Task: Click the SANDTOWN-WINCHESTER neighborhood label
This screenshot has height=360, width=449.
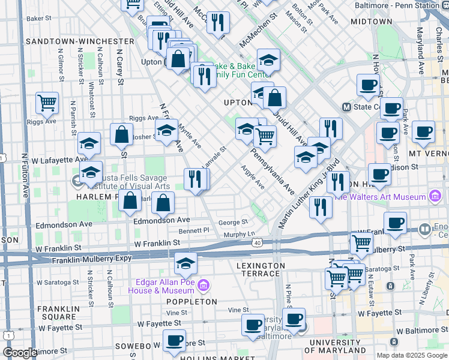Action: click(x=80, y=41)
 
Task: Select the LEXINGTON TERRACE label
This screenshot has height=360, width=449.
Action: click(x=261, y=269)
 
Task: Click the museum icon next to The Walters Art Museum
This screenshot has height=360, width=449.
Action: click(x=435, y=196)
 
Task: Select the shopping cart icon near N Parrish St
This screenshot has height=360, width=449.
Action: click(x=47, y=103)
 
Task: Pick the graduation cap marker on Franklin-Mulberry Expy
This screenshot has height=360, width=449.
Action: click(x=186, y=264)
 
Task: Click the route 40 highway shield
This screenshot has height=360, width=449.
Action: click(x=257, y=242)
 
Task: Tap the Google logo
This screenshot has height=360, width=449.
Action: click(x=19, y=352)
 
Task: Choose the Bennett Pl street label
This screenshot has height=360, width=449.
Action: click(x=193, y=230)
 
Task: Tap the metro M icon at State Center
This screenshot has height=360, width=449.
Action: click(x=346, y=107)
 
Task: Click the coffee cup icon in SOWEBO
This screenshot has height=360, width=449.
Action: click(x=174, y=340)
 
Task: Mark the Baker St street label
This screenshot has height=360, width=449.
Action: click(x=39, y=19)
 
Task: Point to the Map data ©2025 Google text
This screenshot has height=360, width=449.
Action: click(x=411, y=355)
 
